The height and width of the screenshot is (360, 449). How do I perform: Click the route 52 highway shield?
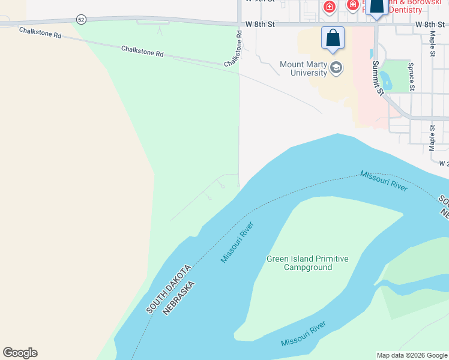click(82, 20)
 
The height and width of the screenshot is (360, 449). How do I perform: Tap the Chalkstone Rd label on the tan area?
click(40, 32)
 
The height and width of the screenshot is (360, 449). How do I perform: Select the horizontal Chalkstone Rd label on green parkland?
click(142, 51)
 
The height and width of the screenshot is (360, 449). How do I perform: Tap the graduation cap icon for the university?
click(336, 68)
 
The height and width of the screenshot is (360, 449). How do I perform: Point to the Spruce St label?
click(411, 76)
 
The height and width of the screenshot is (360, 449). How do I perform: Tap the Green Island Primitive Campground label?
click(307, 263)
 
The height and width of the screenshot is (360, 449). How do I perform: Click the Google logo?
click(20, 353)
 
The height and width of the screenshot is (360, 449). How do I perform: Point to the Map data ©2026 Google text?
click(412, 355)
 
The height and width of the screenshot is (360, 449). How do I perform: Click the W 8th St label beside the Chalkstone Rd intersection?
click(260, 25)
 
